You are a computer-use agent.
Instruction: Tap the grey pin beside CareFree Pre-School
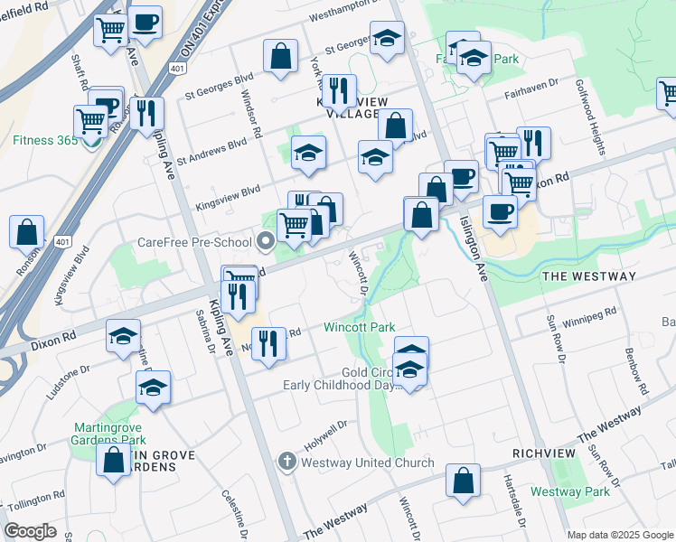pos(265,241)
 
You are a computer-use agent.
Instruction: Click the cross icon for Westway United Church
pos(286,463)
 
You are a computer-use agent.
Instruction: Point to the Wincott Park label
pos(361,326)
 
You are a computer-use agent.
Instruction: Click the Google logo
pos(30,531)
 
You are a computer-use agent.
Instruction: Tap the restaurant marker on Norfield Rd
pos(268,344)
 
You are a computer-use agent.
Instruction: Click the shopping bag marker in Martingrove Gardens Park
pos(114,460)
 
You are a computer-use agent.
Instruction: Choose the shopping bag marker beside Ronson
pos(27,232)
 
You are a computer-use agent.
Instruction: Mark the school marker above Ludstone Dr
pos(124,337)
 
